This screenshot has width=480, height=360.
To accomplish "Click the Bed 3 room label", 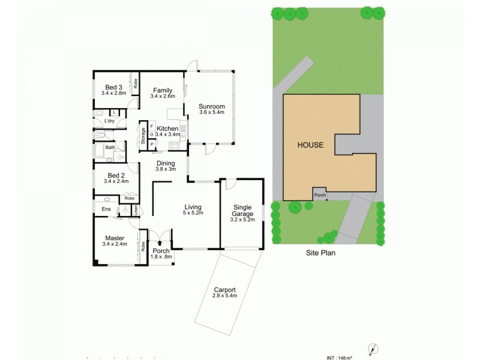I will (x=113, y=86).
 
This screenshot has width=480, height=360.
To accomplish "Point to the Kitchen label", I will (x=167, y=128).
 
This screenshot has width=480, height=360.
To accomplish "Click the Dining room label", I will (x=166, y=163).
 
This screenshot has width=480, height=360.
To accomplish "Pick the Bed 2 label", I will (x=113, y=175).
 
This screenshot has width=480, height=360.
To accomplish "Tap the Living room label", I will (x=193, y=208).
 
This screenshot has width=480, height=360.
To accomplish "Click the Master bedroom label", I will (x=114, y=238).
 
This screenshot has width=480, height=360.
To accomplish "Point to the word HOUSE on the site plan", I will (x=310, y=145).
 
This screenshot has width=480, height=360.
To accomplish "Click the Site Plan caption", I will (x=319, y=253).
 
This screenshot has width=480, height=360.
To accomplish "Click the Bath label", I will (x=110, y=147).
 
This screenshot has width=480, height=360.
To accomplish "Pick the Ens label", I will (x=106, y=209).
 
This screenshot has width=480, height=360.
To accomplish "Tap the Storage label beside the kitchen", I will (x=143, y=137).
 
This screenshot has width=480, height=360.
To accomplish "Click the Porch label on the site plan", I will (x=320, y=195).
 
